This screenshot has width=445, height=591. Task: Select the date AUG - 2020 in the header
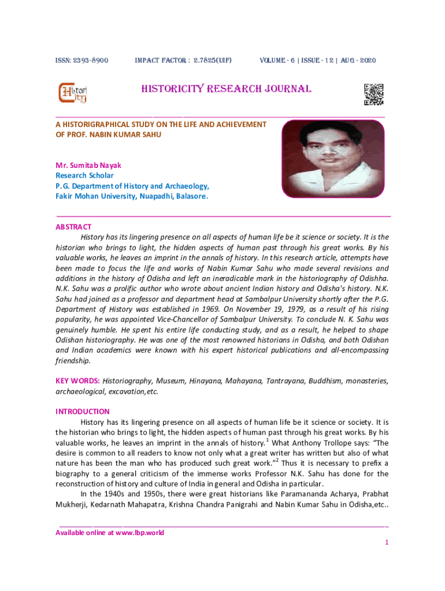coord(353,61)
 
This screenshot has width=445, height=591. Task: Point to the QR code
coord(373,95)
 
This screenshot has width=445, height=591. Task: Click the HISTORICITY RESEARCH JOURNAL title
coord(227,89)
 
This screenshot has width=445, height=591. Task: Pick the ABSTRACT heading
coord(73,227)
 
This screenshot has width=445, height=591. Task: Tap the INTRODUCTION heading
coord(83,412)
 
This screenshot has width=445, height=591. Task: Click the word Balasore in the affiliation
coord(190,196)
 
